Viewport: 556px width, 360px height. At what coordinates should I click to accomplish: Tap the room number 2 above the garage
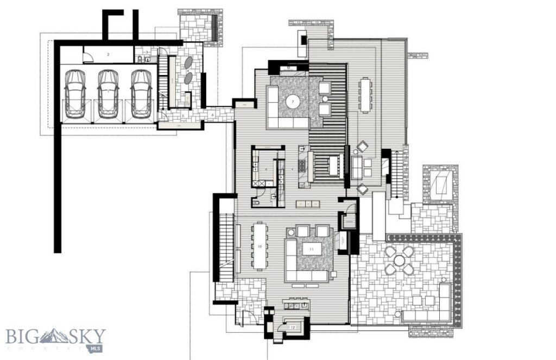(x=108, y=55)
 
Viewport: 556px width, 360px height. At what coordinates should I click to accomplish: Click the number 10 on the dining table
(x=260, y=247)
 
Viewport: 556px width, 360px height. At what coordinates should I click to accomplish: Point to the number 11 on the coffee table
(x=311, y=249)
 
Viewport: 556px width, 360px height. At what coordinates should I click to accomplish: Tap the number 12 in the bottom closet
(x=293, y=327)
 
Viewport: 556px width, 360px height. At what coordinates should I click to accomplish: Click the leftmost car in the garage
(x=75, y=93)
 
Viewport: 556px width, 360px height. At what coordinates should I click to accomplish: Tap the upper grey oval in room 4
(x=191, y=63)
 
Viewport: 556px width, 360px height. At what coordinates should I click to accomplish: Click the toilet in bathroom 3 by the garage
(x=147, y=60)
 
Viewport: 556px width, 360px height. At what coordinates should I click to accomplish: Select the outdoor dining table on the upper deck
(x=365, y=94)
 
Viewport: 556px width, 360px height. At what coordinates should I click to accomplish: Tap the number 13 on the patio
(x=402, y=285)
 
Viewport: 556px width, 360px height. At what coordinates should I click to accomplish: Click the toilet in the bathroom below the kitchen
(x=257, y=204)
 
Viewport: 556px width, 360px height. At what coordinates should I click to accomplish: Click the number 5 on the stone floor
(x=184, y=115)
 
